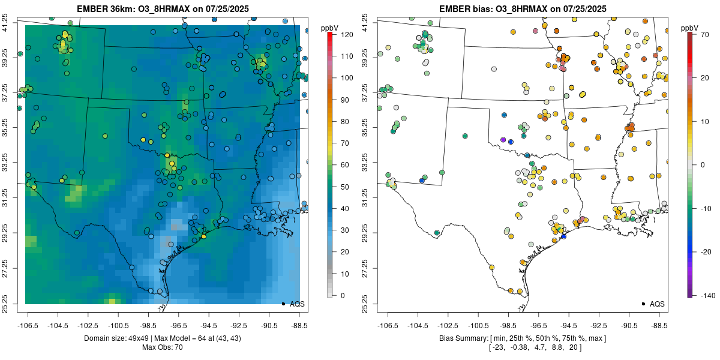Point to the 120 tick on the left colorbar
point(346,34)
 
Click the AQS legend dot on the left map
point(283,304)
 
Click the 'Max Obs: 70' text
point(162,347)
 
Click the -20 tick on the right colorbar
point(707,251)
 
